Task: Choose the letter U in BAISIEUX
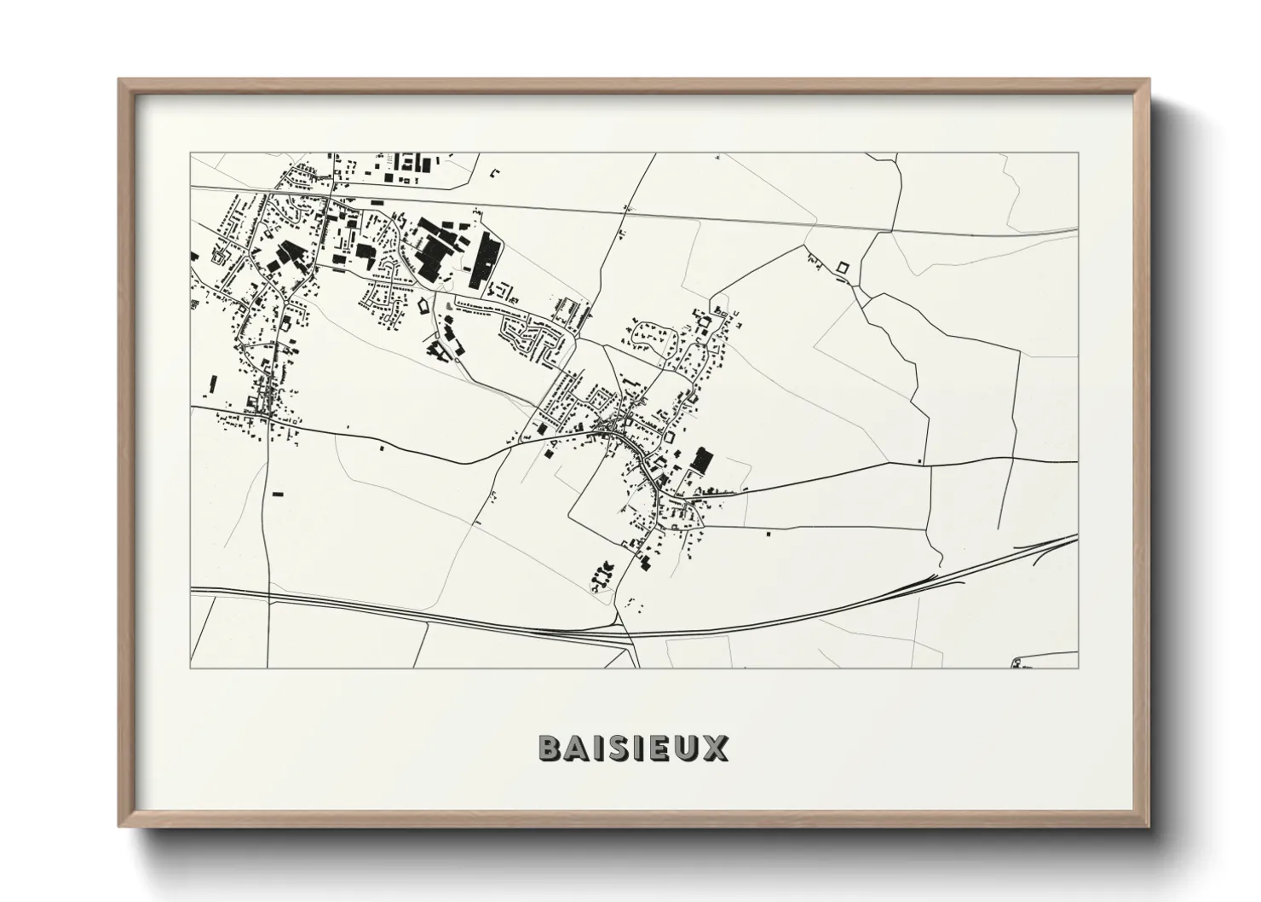pos(687,748)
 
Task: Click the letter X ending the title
pos(716,748)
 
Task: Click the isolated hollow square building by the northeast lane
pos(844,268)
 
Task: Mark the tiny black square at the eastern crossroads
pos(920,461)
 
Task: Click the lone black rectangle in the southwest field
pos(277,493)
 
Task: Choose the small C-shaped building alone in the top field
pos(494,173)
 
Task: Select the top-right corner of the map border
pos(1077,153)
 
